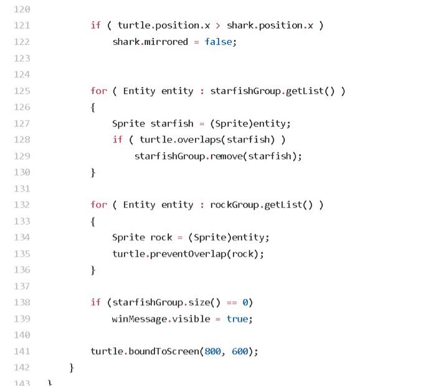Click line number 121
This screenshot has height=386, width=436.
[x=22, y=26]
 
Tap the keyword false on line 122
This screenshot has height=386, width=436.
[x=218, y=42]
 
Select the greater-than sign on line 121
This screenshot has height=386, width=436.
[x=218, y=26]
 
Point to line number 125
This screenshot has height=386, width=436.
[x=22, y=91]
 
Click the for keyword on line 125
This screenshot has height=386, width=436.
[x=98, y=91]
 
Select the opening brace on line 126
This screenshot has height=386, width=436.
[x=93, y=108]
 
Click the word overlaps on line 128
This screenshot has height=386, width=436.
[x=199, y=139]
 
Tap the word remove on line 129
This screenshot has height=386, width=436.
[x=226, y=156]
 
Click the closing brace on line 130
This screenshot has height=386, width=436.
[x=93, y=173]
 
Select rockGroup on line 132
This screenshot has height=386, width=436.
[x=234, y=205]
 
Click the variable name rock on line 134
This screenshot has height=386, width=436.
[x=161, y=237]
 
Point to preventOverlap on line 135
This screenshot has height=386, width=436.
[x=188, y=254]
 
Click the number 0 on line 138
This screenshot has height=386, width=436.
[x=245, y=303]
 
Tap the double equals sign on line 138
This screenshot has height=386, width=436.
[x=232, y=303]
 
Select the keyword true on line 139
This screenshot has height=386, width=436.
[x=237, y=319]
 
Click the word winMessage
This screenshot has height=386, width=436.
[x=140, y=319]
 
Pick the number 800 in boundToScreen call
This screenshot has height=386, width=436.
[x=213, y=351]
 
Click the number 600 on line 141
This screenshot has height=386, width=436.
[x=240, y=351]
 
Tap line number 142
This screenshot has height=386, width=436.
[x=22, y=367]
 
